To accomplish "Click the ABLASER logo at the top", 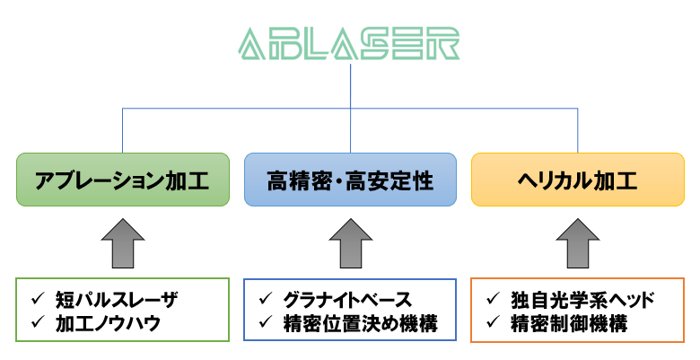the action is [x=349, y=44].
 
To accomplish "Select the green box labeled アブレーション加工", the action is [x=123, y=180].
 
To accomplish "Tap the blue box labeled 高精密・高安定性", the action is [x=350, y=180].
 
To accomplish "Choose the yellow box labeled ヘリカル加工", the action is [x=578, y=180].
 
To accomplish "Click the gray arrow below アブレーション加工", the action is [x=123, y=243].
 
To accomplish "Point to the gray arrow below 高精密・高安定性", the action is [x=350, y=243].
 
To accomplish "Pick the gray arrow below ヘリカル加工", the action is [x=578, y=243].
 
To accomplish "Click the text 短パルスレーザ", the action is [x=117, y=300].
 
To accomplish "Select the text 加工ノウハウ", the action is [x=108, y=323].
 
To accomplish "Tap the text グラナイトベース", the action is [x=347, y=300].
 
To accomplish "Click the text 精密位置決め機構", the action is [x=361, y=323].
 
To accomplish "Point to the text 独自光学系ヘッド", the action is [x=582, y=300].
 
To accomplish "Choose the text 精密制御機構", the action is [x=570, y=323].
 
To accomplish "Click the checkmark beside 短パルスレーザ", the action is [x=38, y=299].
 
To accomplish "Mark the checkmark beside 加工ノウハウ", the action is [x=38, y=322].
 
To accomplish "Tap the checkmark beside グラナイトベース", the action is [x=266, y=299].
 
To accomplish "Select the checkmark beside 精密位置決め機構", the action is [x=266, y=322].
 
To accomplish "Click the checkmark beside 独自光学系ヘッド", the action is [x=494, y=299].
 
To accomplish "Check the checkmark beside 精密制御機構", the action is [x=494, y=322].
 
